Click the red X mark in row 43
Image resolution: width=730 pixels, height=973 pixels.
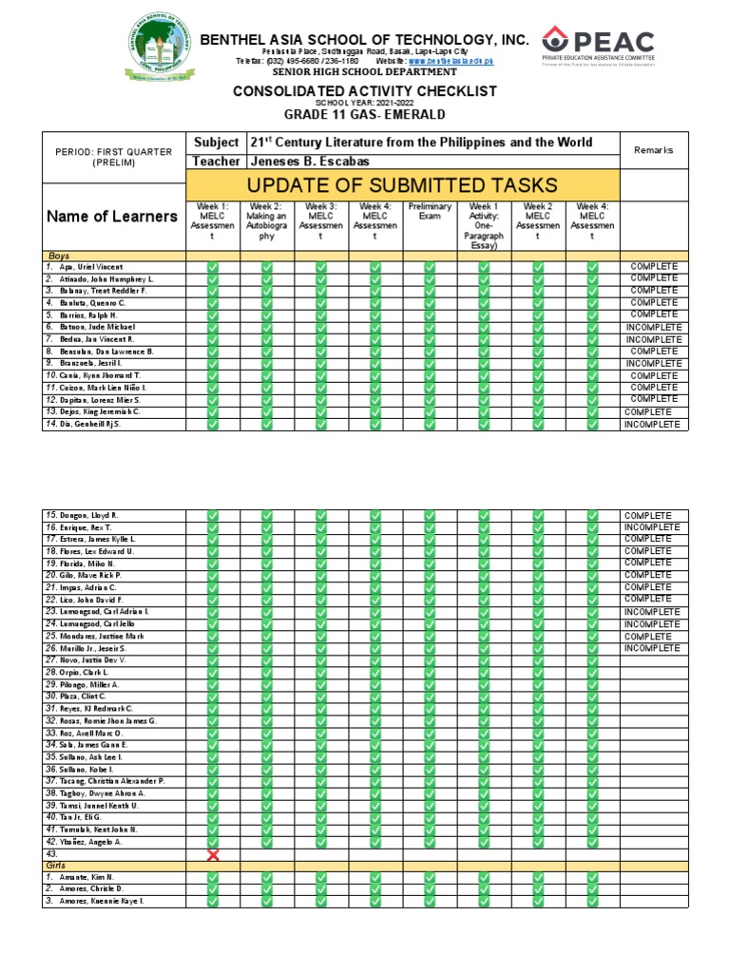(213, 855)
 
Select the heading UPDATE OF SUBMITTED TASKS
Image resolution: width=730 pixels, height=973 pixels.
(403, 184)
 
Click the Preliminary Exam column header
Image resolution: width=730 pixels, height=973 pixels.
(430, 211)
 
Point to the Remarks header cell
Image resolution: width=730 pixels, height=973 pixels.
(654, 150)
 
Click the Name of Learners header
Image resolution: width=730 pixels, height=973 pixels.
(112, 216)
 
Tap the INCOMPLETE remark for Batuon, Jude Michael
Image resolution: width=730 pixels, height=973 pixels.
(654, 327)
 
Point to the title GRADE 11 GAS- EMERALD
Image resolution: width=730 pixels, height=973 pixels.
(366, 114)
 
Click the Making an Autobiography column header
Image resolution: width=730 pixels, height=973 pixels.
(266, 221)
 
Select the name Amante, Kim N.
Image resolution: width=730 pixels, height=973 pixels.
(86, 877)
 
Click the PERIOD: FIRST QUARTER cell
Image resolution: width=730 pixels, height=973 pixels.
(113, 157)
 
